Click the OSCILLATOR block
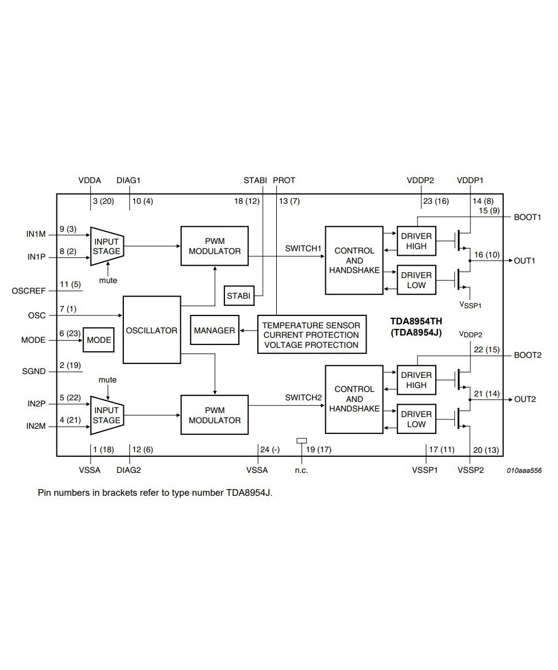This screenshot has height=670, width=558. point(151,330)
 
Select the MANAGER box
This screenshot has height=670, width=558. point(214,330)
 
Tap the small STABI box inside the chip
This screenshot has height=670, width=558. point(239,295)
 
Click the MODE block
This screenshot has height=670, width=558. point(99,340)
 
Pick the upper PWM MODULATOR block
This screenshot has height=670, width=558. point(214,246)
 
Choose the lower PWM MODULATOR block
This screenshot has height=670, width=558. point(214,415)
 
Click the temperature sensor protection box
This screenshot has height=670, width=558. point(311,334)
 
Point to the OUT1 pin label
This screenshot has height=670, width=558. point(525,260)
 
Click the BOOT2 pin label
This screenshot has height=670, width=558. point(527,355)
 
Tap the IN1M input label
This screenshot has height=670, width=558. point(36,234)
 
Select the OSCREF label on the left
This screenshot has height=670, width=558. point(28,291)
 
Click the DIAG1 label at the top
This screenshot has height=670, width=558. point(128,180)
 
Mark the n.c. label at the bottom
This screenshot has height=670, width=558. point(301,470)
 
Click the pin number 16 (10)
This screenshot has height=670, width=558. point(487,255)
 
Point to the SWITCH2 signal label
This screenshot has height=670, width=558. point(303,398)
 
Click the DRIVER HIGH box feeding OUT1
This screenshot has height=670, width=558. point(416,241)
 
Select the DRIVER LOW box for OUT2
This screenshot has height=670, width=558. point(416,419)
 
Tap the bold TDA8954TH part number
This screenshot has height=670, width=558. point(416,321)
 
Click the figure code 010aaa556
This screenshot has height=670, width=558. point(524,471)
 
